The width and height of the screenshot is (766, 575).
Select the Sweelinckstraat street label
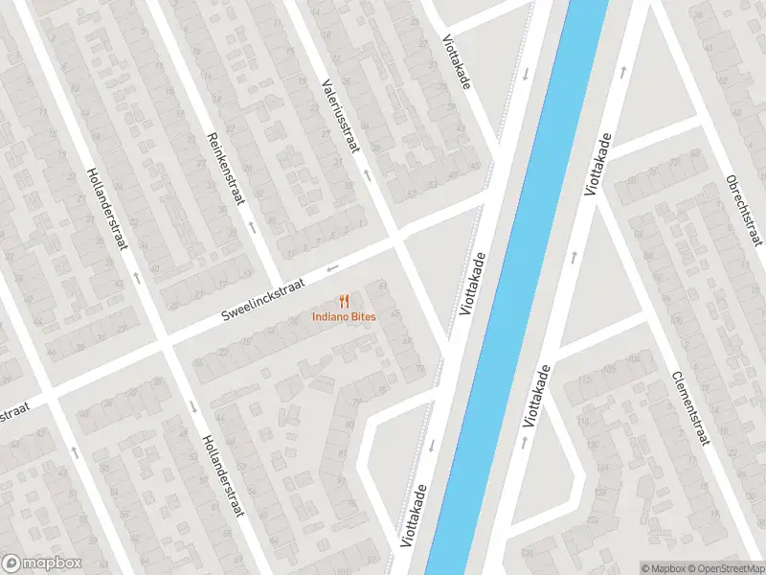tap(262, 300)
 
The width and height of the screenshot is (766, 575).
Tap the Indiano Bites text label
tap(344, 317)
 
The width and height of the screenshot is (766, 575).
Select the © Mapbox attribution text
tap(663, 567)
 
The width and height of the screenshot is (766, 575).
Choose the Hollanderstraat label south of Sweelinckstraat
tap(221, 475)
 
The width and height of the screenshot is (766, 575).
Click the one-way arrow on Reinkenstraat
tap(252, 228)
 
